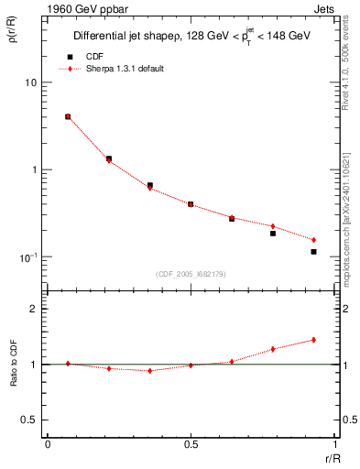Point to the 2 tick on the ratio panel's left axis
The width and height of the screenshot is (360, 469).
tap(33, 310)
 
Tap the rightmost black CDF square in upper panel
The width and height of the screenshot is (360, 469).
tap(313, 252)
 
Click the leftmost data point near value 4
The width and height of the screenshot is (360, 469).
tap(68, 117)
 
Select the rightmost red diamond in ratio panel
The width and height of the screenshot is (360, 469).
tap(313, 340)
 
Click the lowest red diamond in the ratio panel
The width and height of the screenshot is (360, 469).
tap(149, 371)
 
